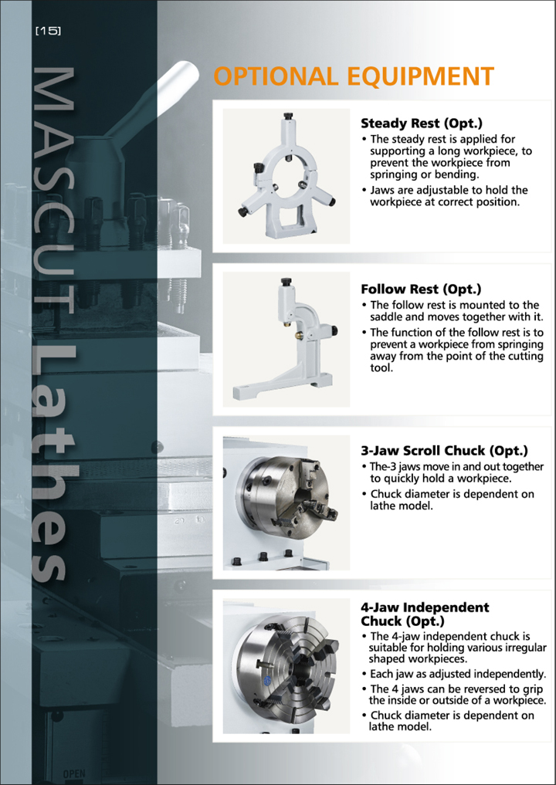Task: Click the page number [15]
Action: (48, 31)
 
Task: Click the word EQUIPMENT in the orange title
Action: (420, 76)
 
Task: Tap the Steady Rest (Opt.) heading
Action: (422, 124)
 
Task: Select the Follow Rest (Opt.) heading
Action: (421, 289)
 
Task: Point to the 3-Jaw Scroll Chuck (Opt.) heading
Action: (444, 451)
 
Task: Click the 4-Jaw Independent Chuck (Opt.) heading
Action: (425, 614)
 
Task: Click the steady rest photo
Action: (286, 176)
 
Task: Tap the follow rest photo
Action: (286, 340)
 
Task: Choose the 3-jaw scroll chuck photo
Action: (286, 502)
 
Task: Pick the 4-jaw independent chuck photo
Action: (286, 666)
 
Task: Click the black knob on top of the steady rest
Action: (287, 117)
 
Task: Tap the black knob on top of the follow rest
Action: (286, 282)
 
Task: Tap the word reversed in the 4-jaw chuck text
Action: (472, 689)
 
